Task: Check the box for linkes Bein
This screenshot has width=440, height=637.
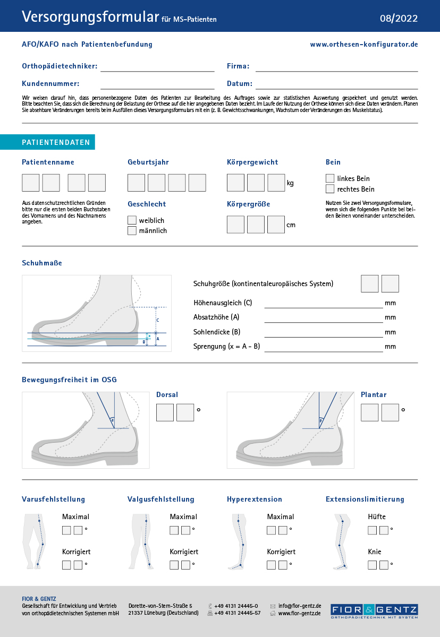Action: [x=330, y=178]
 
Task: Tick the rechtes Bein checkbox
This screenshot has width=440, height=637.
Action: [x=330, y=189]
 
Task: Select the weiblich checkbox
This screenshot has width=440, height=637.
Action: [x=132, y=220]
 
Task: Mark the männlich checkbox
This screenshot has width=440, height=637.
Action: [x=132, y=231]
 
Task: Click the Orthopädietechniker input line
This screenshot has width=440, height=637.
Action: [x=157, y=67]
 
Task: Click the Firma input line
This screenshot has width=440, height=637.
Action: [x=336, y=67]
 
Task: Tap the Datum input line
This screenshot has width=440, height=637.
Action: [x=336, y=84]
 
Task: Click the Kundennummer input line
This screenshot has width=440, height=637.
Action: [x=157, y=84]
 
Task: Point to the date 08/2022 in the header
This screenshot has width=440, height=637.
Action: [x=399, y=19]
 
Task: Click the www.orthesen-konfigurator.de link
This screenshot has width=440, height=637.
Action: [x=364, y=45]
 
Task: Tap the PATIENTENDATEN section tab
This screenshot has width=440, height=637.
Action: [x=48, y=142]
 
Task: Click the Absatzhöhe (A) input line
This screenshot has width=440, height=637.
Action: [x=323, y=318]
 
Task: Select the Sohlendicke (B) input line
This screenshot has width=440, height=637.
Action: [x=323, y=333]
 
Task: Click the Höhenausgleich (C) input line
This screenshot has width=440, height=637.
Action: [x=323, y=304]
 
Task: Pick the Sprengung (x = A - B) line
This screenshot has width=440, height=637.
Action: [x=323, y=348]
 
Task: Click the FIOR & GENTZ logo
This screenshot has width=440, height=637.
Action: [x=374, y=611]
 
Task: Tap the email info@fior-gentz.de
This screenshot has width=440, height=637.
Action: [x=300, y=606]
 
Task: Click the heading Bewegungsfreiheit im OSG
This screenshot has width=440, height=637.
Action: [x=69, y=380]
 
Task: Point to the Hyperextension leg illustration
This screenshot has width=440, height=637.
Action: [x=240, y=541]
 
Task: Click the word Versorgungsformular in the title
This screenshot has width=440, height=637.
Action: [x=90, y=17]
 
